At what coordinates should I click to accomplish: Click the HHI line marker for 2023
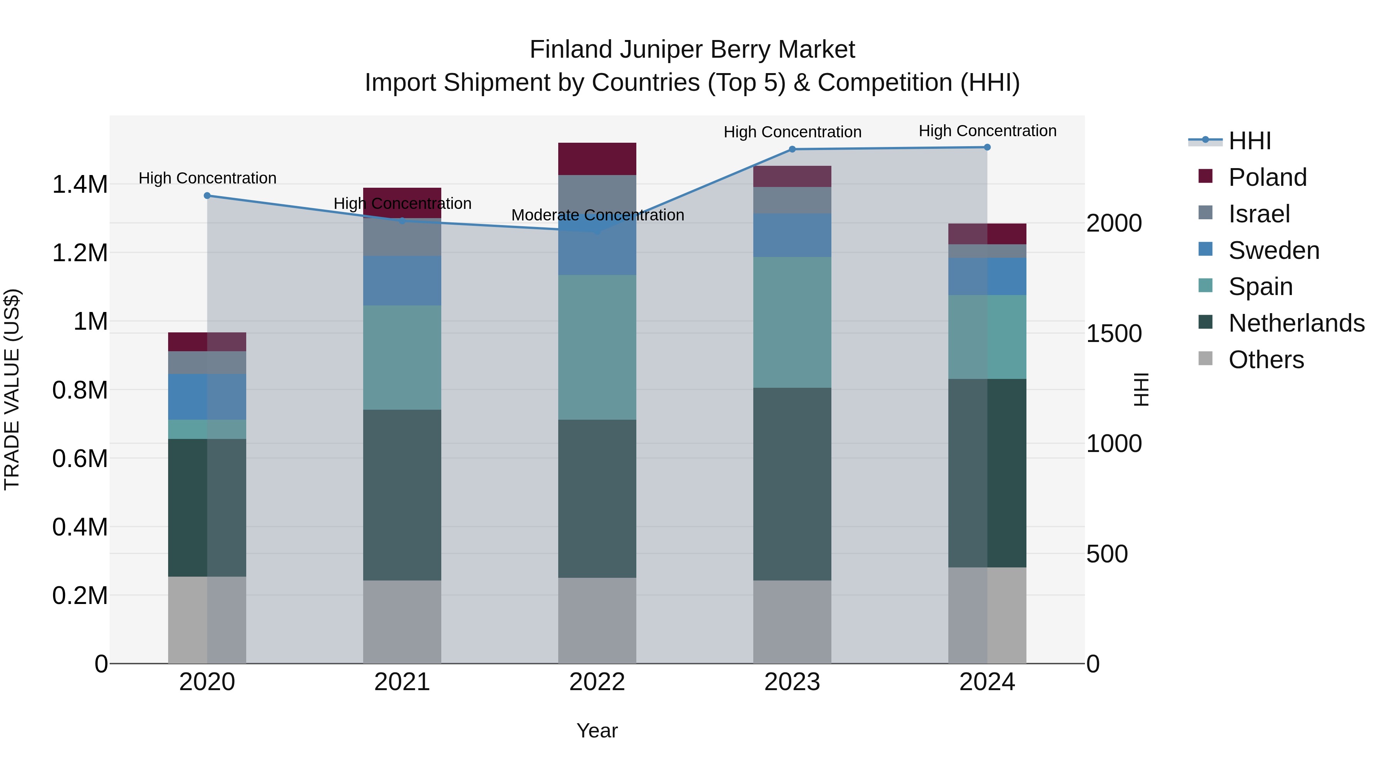[792, 150]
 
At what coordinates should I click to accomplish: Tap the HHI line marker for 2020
[207, 196]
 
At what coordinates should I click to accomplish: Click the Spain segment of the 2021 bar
[402, 357]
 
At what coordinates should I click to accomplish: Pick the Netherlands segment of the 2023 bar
[792, 484]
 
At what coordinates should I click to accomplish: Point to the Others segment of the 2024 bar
[987, 615]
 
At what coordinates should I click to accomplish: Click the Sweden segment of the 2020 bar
[207, 397]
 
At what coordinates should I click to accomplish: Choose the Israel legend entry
[1259, 214]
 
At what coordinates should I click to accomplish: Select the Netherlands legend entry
[1296, 323]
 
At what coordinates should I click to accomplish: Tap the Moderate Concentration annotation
[597, 215]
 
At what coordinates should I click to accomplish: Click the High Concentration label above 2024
[987, 131]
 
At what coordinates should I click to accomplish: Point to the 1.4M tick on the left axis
[80, 184]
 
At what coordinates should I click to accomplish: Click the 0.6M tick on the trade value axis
[80, 459]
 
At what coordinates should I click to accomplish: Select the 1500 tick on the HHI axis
[1113, 334]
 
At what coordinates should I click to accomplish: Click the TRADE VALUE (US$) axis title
[12, 389]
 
